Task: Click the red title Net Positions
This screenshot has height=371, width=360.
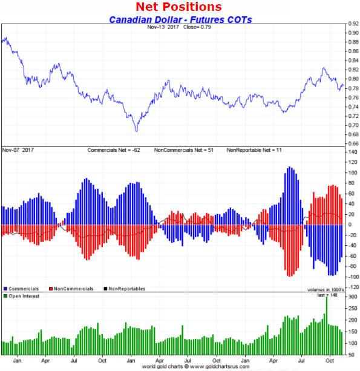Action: click(178, 7)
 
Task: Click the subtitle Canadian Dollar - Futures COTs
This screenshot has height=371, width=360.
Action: click(180, 19)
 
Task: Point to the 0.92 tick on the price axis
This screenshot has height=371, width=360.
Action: click(352, 24)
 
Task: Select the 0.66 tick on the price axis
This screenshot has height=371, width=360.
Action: click(352, 144)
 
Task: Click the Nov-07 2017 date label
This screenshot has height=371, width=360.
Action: click(19, 149)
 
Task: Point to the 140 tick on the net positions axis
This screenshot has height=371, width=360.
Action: click(352, 153)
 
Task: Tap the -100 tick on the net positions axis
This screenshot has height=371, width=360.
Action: click(352, 277)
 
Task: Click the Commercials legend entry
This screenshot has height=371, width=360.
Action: click(22, 289)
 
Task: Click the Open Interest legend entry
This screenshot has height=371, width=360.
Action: click(24, 297)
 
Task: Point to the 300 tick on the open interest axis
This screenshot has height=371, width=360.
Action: click(352, 298)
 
